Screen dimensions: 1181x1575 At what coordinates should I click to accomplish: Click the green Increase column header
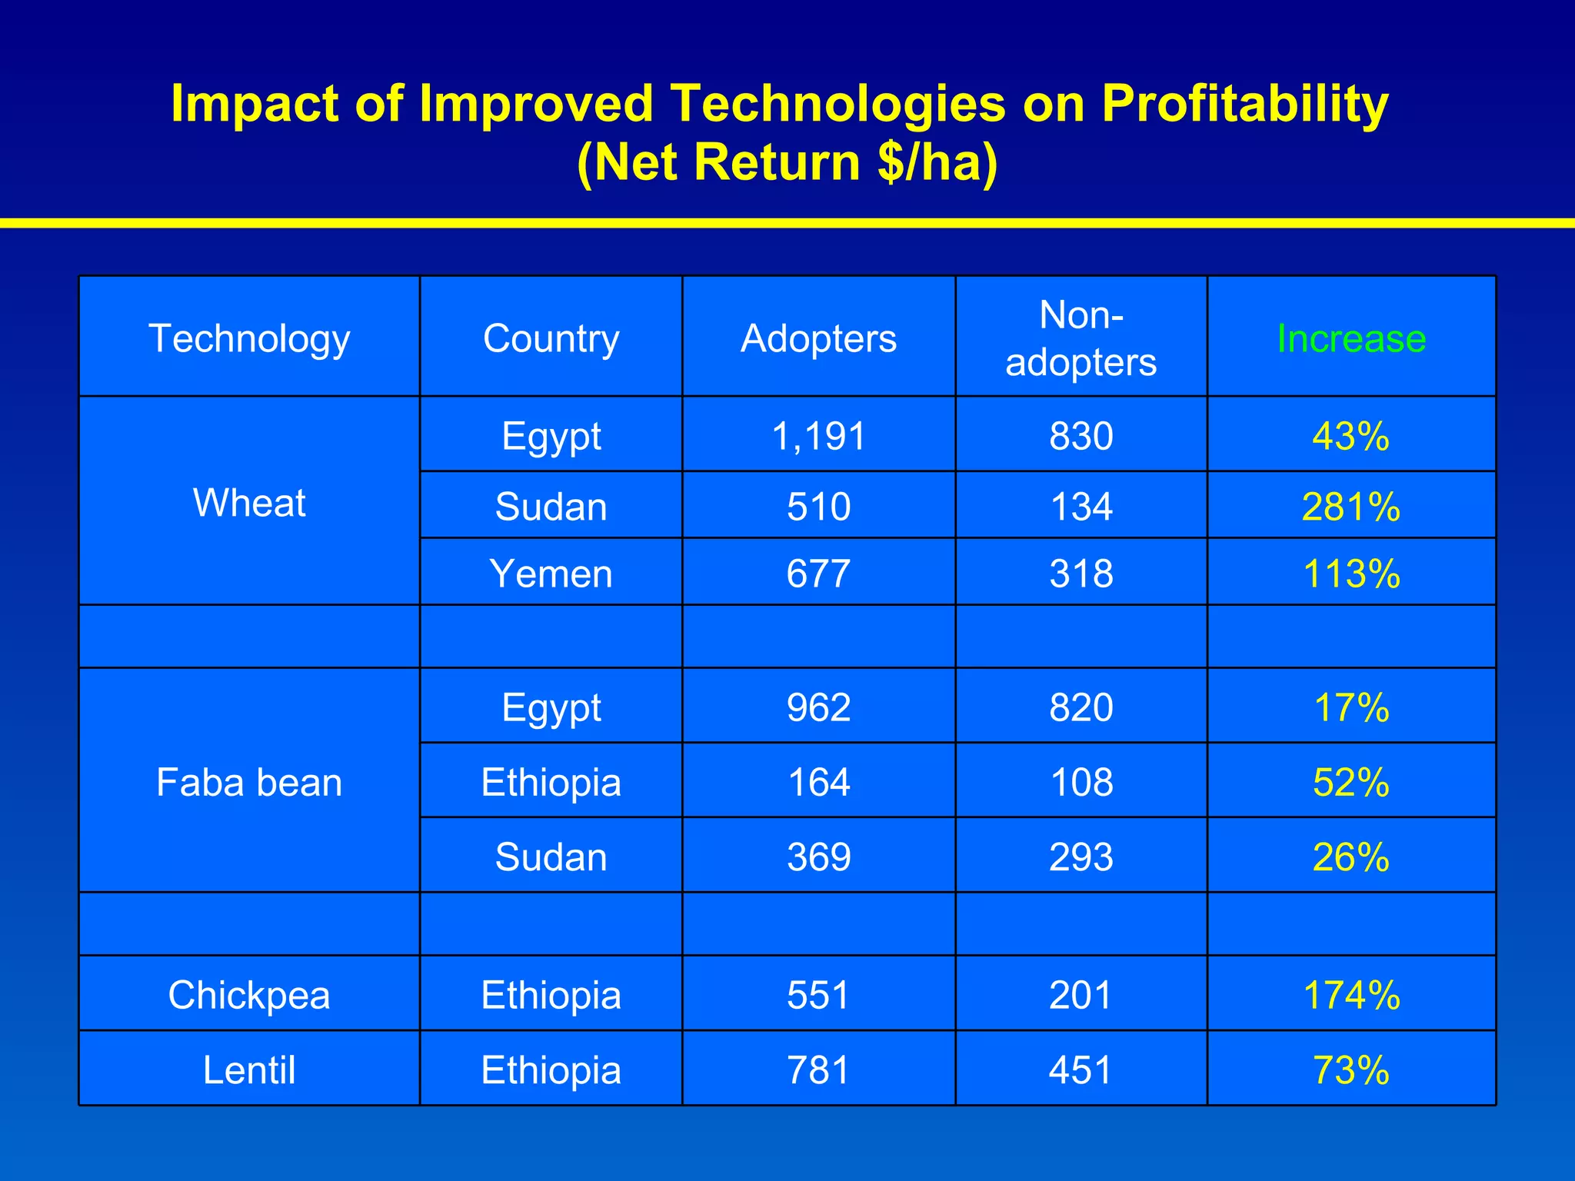[x=1350, y=338]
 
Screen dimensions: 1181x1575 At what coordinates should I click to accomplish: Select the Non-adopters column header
[x=1081, y=338]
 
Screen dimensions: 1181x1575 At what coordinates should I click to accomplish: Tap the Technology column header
[x=249, y=338]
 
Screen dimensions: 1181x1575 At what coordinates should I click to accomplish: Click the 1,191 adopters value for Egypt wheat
[x=818, y=436]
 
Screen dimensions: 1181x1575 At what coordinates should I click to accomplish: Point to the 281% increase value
[x=1350, y=507]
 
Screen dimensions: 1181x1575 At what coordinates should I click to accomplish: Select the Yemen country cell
[x=551, y=574]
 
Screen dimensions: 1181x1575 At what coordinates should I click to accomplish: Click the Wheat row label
[x=249, y=503]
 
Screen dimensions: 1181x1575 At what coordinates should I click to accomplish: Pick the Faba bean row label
[x=249, y=783]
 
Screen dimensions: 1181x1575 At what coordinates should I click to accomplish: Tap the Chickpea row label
[x=249, y=995]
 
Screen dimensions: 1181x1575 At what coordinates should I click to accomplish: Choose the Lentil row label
[x=249, y=1070]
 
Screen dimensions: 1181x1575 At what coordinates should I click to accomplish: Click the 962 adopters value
[x=818, y=707]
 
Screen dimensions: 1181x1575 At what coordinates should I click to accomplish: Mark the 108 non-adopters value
[x=1081, y=783]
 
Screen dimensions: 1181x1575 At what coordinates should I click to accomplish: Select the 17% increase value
[x=1350, y=707]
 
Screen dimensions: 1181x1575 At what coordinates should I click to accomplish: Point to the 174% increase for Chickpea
[x=1350, y=995]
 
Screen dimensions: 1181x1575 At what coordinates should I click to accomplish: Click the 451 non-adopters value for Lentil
[x=1081, y=1070]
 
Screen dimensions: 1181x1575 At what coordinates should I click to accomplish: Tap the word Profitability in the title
[x=1244, y=104]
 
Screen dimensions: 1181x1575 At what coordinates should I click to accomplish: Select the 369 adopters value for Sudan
[x=818, y=857]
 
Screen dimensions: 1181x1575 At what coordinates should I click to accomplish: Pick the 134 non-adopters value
[x=1081, y=507]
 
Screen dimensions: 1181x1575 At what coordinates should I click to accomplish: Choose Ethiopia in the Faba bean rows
[x=551, y=783]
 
